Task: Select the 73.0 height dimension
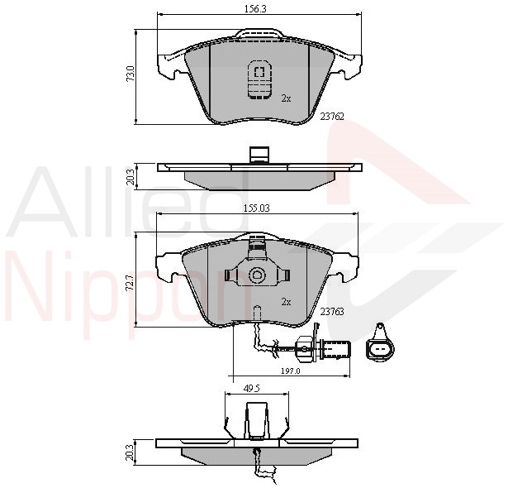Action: [131, 74]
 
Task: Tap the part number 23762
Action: [332, 117]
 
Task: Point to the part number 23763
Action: [332, 312]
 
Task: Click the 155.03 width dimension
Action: [256, 208]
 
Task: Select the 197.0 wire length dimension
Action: [291, 371]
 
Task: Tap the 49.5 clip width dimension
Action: [252, 389]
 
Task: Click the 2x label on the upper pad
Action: [286, 98]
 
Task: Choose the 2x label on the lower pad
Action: [286, 302]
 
